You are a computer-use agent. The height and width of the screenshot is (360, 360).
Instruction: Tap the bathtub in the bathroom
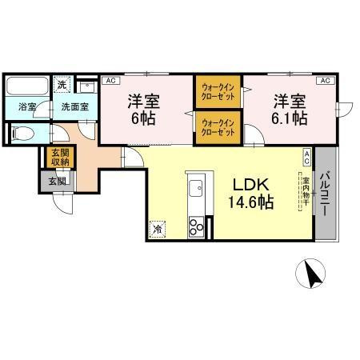pos(26,86)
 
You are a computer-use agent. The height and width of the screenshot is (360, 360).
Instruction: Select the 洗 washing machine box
pos(61,85)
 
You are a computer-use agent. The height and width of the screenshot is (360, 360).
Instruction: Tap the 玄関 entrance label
pos(56,181)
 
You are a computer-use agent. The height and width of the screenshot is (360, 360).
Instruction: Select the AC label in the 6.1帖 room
pos(326,81)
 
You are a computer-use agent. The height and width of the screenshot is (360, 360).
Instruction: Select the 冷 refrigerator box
pos(157,227)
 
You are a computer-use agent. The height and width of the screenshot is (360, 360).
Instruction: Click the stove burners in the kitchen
pos(196,227)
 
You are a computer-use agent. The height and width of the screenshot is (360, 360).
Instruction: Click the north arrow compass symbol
pos(313,275)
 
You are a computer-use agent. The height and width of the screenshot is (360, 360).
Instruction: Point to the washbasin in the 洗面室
pos(89,86)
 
